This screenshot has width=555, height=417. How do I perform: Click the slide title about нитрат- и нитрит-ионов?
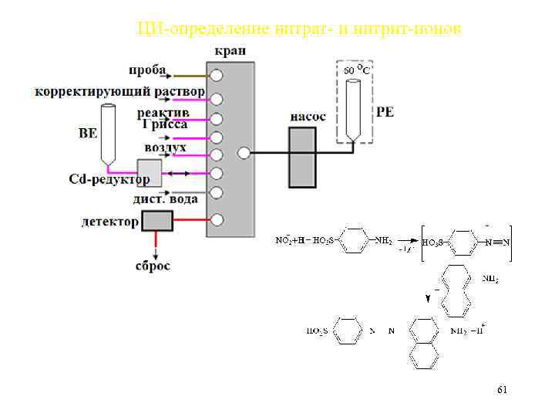[298, 29]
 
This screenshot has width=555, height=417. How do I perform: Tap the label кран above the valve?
[230, 50]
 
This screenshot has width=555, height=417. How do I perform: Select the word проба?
[146, 70]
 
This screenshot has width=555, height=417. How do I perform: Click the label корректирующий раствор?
[119, 92]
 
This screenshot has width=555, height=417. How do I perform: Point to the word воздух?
[165, 147]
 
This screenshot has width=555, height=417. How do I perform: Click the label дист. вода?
[165, 198]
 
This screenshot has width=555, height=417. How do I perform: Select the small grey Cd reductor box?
[149, 172]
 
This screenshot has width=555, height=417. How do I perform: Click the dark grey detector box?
[157, 221]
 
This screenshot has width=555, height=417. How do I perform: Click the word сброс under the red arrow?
[154, 266]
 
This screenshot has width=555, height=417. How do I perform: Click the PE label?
[385, 112]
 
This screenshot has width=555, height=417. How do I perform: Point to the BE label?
[88, 133]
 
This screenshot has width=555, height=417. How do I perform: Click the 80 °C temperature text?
[356, 70]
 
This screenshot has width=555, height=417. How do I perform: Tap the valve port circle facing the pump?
[244, 153]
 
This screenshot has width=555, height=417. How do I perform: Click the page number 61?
[502, 391]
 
